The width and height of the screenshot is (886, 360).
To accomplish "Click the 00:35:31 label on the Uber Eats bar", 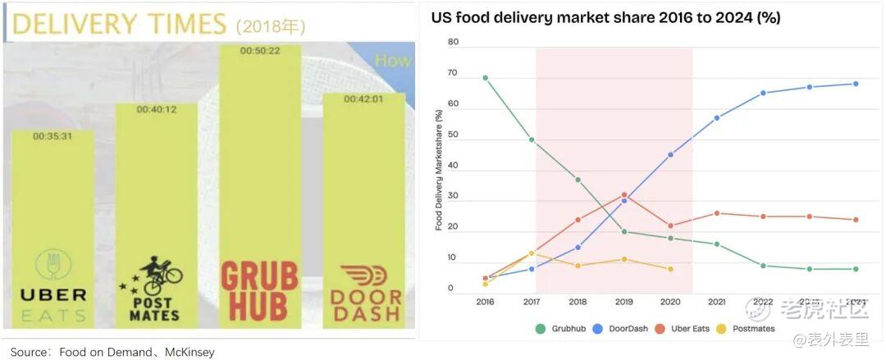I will coord(53,136).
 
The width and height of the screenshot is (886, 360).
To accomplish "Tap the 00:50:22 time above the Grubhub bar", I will coord(260,51).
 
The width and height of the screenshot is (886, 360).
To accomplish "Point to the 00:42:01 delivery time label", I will coord(364,100).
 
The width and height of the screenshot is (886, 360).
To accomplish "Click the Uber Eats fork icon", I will coord(53,265).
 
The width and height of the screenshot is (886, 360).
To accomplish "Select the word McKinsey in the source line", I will coord(190,353).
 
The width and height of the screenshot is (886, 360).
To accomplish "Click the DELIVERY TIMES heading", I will coord(118,25).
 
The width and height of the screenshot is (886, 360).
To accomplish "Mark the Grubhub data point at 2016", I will coord(486,78).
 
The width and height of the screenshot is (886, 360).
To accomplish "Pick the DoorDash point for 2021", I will coord(717,118).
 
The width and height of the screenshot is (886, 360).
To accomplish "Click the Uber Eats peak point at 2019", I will coord(624,194).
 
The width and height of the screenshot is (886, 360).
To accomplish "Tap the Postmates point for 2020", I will coord(670,269).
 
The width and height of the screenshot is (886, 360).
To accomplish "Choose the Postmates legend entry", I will coord(747,329).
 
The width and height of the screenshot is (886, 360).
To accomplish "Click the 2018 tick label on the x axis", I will coord(578,302).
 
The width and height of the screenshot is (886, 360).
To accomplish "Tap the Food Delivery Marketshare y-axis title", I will coord(439,170).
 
